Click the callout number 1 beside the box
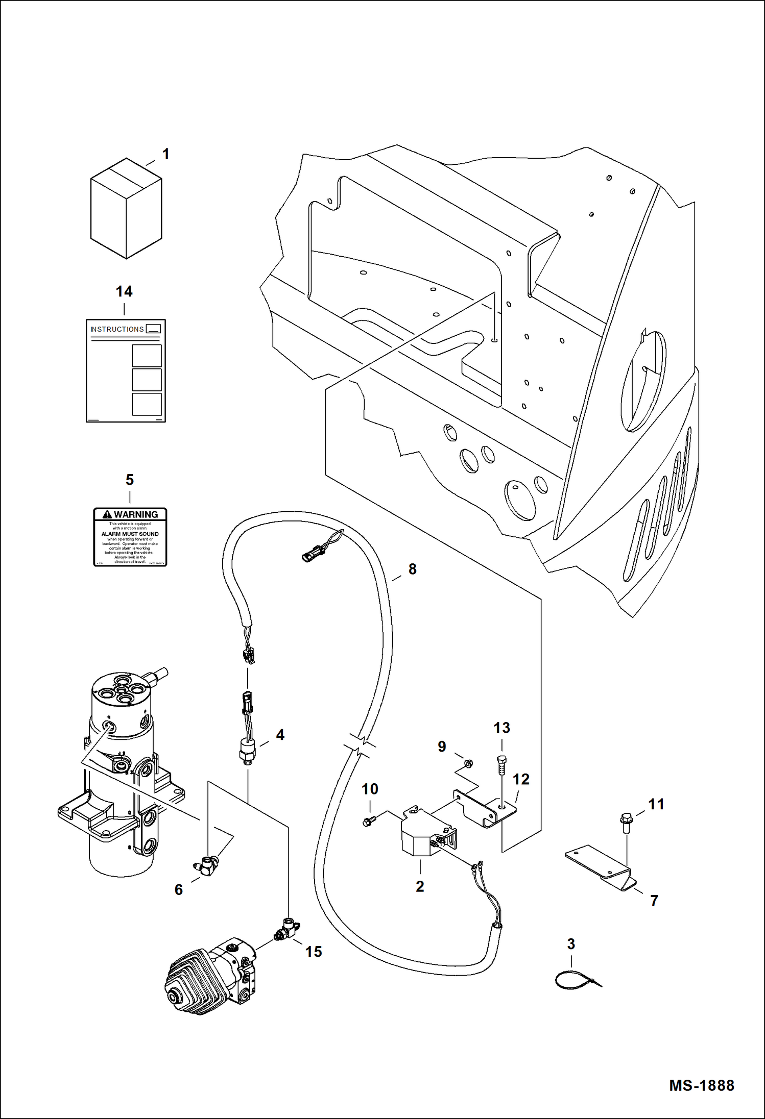[165, 154]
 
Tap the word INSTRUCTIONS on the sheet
[117, 329]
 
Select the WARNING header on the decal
[130, 514]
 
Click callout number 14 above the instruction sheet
[124, 291]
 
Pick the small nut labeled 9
[467, 763]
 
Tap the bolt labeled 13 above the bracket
[501, 765]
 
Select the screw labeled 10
[368, 822]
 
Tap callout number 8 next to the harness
[412, 569]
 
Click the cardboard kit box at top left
[126, 209]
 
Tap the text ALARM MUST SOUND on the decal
[130, 534]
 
